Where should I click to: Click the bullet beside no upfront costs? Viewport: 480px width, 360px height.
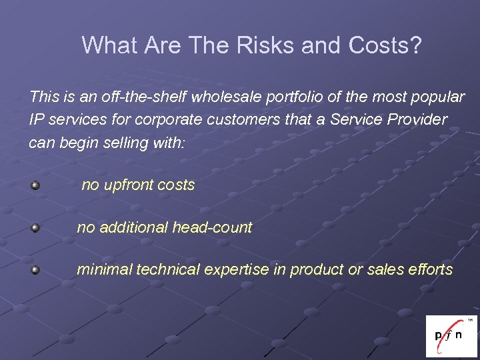click(x=35, y=185)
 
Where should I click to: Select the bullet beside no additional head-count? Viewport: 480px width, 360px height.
click(x=35, y=228)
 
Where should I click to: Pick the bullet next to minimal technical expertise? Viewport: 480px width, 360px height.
click(x=35, y=270)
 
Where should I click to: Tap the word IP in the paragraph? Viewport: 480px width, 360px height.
click(x=36, y=120)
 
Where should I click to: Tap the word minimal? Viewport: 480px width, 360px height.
click(x=102, y=270)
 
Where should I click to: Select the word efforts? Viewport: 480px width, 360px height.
click(x=429, y=270)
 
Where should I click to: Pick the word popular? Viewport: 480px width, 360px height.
click(x=436, y=97)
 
